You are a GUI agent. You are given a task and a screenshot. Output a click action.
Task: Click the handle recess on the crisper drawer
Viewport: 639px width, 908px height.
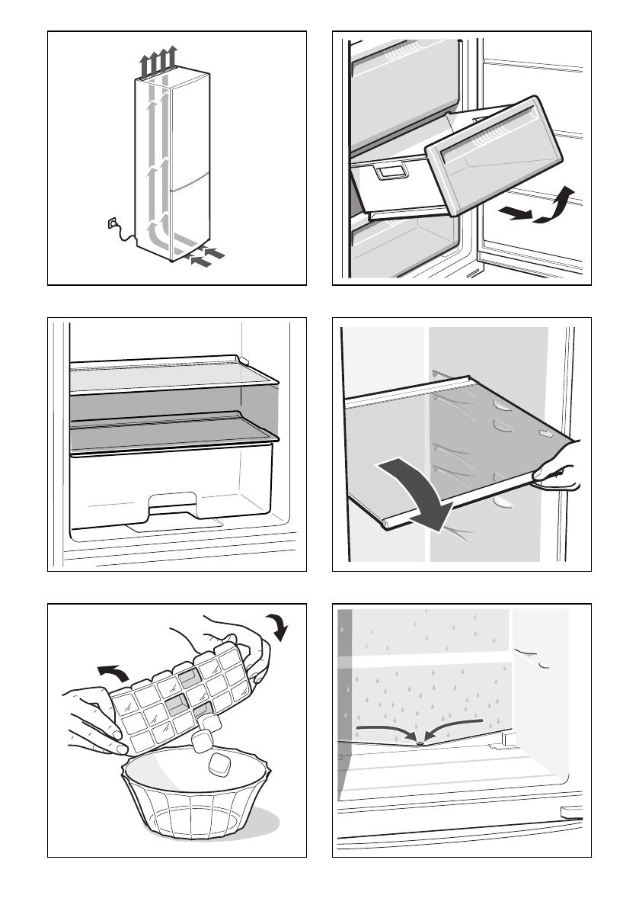pos(174,504)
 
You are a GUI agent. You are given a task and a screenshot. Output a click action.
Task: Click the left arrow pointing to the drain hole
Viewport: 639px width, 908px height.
pos(384,730)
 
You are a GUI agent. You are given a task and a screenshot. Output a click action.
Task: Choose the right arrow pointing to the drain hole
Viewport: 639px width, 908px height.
pos(455,725)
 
